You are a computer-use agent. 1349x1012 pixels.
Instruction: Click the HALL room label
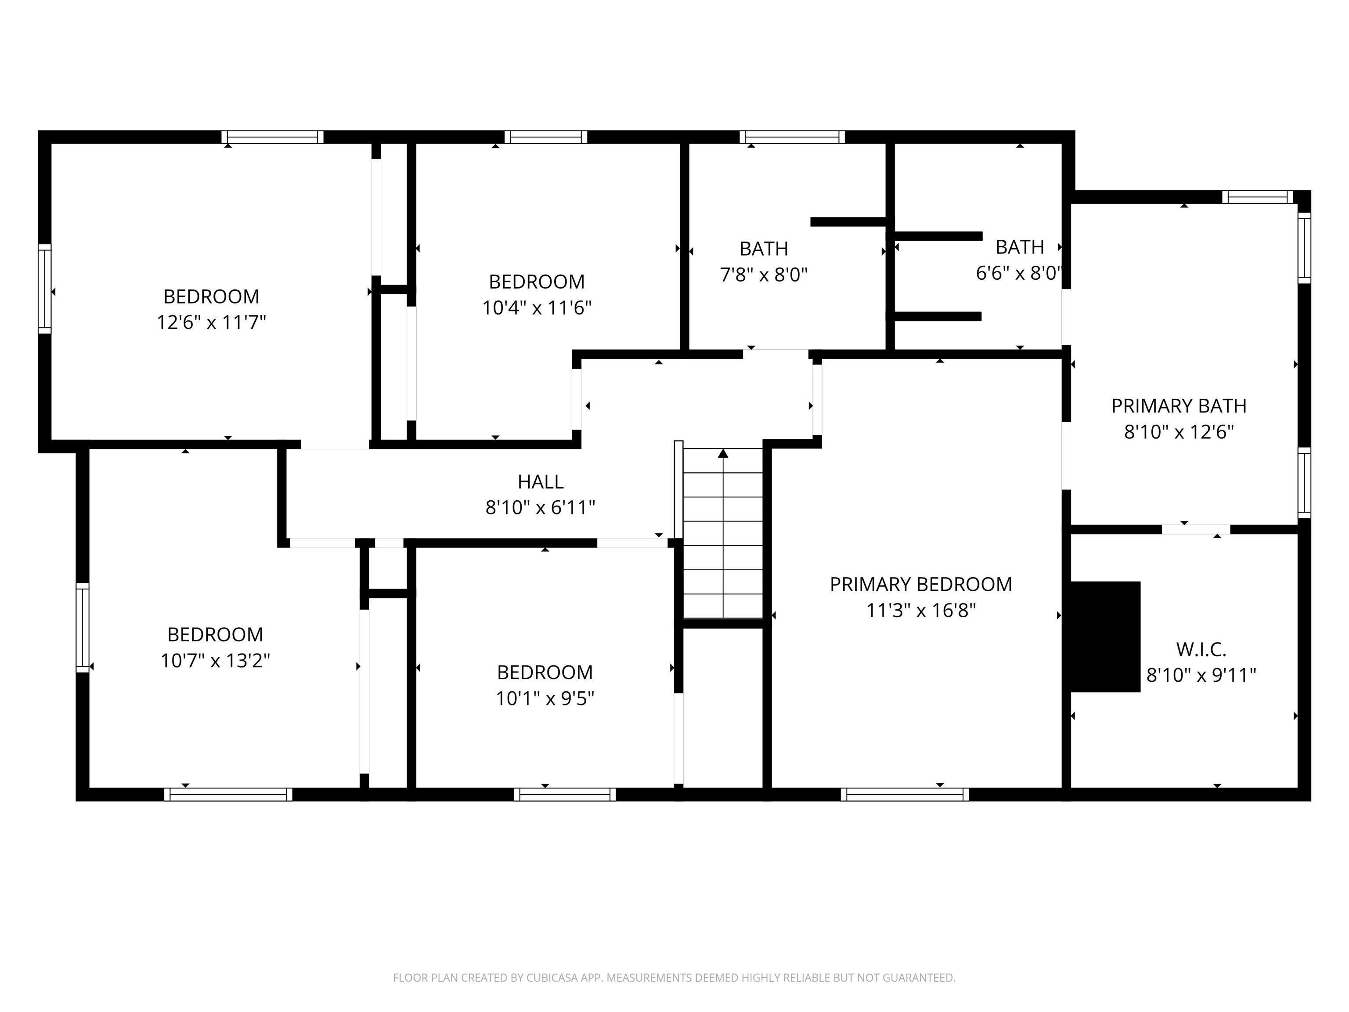[x=540, y=482]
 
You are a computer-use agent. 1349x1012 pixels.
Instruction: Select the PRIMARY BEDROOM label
[x=920, y=584]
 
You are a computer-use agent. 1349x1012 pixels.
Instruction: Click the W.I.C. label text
[x=1201, y=650]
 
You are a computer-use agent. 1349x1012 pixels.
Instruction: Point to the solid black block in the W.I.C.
[x=1104, y=637]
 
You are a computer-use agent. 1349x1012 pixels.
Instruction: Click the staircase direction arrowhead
[x=723, y=453]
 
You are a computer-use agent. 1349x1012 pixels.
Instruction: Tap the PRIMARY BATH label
[x=1178, y=406]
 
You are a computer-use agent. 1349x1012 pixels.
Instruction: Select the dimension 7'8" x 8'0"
[x=764, y=275]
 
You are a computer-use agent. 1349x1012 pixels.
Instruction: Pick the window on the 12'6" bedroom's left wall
[x=44, y=289]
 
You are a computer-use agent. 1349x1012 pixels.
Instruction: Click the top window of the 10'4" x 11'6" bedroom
[x=546, y=137]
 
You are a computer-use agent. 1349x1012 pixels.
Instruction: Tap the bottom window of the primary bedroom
[x=905, y=794]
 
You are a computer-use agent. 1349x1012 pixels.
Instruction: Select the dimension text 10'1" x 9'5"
[x=545, y=698]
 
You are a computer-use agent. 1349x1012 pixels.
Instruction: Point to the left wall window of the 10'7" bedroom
[x=82, y=628]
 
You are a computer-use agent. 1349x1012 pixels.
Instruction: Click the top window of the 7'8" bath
[x=792, y=137]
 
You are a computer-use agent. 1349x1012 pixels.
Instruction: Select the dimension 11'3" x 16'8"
[x=921, y=611]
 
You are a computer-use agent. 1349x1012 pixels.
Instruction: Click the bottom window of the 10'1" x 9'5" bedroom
[x=564, y=794]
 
